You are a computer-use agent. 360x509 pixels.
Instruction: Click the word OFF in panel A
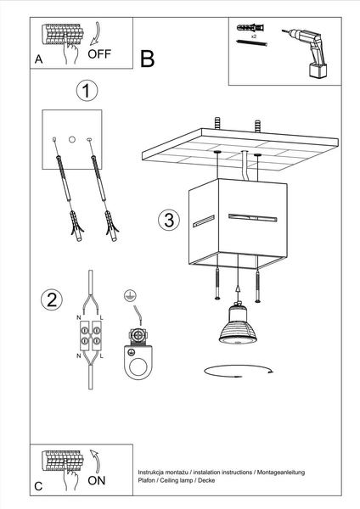point(99,53)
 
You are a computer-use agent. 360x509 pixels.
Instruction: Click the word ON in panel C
point(98,479)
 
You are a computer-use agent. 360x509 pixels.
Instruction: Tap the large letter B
point(147,59)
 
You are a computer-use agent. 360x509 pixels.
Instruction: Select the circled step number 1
point(86,90)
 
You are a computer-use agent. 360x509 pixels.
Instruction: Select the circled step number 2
point(53,299)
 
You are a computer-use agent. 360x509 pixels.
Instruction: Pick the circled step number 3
point(169,220)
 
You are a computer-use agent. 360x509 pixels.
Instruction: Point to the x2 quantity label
point(253,37)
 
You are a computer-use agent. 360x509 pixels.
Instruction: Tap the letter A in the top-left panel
point(38,59)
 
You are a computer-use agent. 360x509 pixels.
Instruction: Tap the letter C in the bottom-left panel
point(38,486)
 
